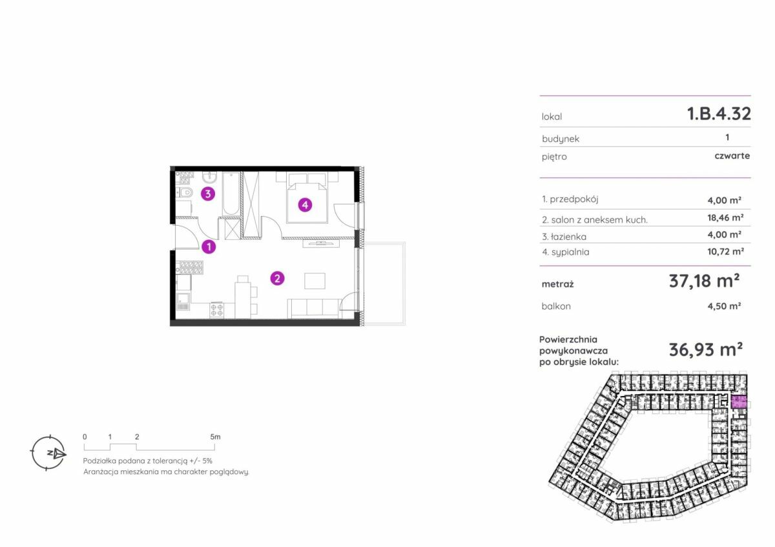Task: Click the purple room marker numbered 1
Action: tap(209, 246)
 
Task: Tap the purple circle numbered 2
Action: tap(277, 278)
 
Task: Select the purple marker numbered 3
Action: tap(208, 194)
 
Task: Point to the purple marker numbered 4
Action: tap(305, 205)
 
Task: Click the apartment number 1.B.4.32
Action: tap(719, 114)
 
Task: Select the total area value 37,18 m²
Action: tap(704, 281)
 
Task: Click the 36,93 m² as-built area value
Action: tap(705, 350)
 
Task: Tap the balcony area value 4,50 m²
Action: tap(724, 306)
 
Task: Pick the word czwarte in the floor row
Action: tap(732, 156)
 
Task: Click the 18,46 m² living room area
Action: tap(725, 217)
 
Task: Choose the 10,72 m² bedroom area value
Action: tap(725, 251)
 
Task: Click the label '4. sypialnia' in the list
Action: tap(565, 252)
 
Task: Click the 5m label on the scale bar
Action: tap(215, 437)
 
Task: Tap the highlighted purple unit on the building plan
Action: tap(739, 403)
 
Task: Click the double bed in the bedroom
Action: tap(307, 198)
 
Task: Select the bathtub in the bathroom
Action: tap(231, 194)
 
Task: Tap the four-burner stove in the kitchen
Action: tap(216, 310)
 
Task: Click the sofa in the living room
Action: tap(313, 308)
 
